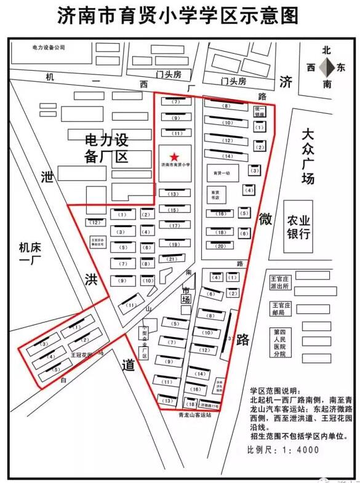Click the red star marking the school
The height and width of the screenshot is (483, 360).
coord(175,156)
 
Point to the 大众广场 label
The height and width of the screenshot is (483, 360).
coord(308,156)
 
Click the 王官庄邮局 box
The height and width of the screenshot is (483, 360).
coord(282,309)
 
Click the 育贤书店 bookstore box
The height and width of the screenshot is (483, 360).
coord(215,195)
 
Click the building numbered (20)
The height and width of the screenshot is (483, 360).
coord(220,245)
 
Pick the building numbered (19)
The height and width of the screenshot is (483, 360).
coord(174,244)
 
